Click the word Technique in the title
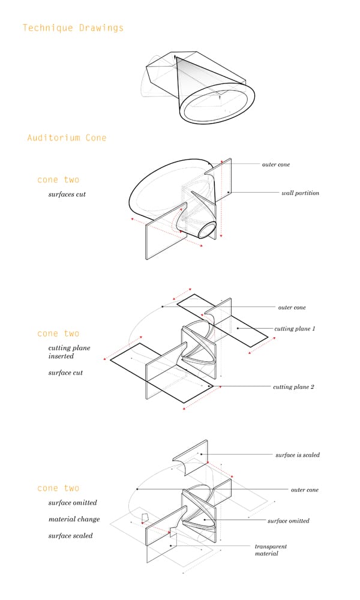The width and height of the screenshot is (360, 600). [x=48, y=28]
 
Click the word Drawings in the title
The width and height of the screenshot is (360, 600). [x=101, y=28]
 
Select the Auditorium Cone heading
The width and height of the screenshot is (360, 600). [x=67, y=138]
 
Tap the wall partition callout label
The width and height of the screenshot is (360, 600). [x=301, y=193]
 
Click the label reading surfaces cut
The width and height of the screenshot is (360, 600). [x=67, y=194]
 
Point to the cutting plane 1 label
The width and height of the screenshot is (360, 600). [x=295, y=329]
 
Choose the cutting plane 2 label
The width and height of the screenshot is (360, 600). [x=293, y=387]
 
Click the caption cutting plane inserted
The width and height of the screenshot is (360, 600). [x=69, y=352]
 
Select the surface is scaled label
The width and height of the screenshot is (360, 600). [x=298, y=455]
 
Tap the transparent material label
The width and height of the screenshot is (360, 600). [x=271, y=550]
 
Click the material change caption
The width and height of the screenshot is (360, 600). [x=74, y=519]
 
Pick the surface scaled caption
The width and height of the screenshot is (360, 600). [x=70, y=536]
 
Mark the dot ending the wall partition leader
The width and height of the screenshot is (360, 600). [x=229, y=192]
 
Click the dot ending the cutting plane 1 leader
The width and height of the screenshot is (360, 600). [x=238, y=328]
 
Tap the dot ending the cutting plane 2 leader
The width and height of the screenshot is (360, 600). [x=209, y=386]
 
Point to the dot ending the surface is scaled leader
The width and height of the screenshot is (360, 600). [x=201, y=455]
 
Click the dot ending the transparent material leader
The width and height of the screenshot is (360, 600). [x=171, y=545]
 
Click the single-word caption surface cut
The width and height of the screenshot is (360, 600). [x=65, y=373]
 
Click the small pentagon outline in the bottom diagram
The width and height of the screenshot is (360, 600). [x=142, y=517]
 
